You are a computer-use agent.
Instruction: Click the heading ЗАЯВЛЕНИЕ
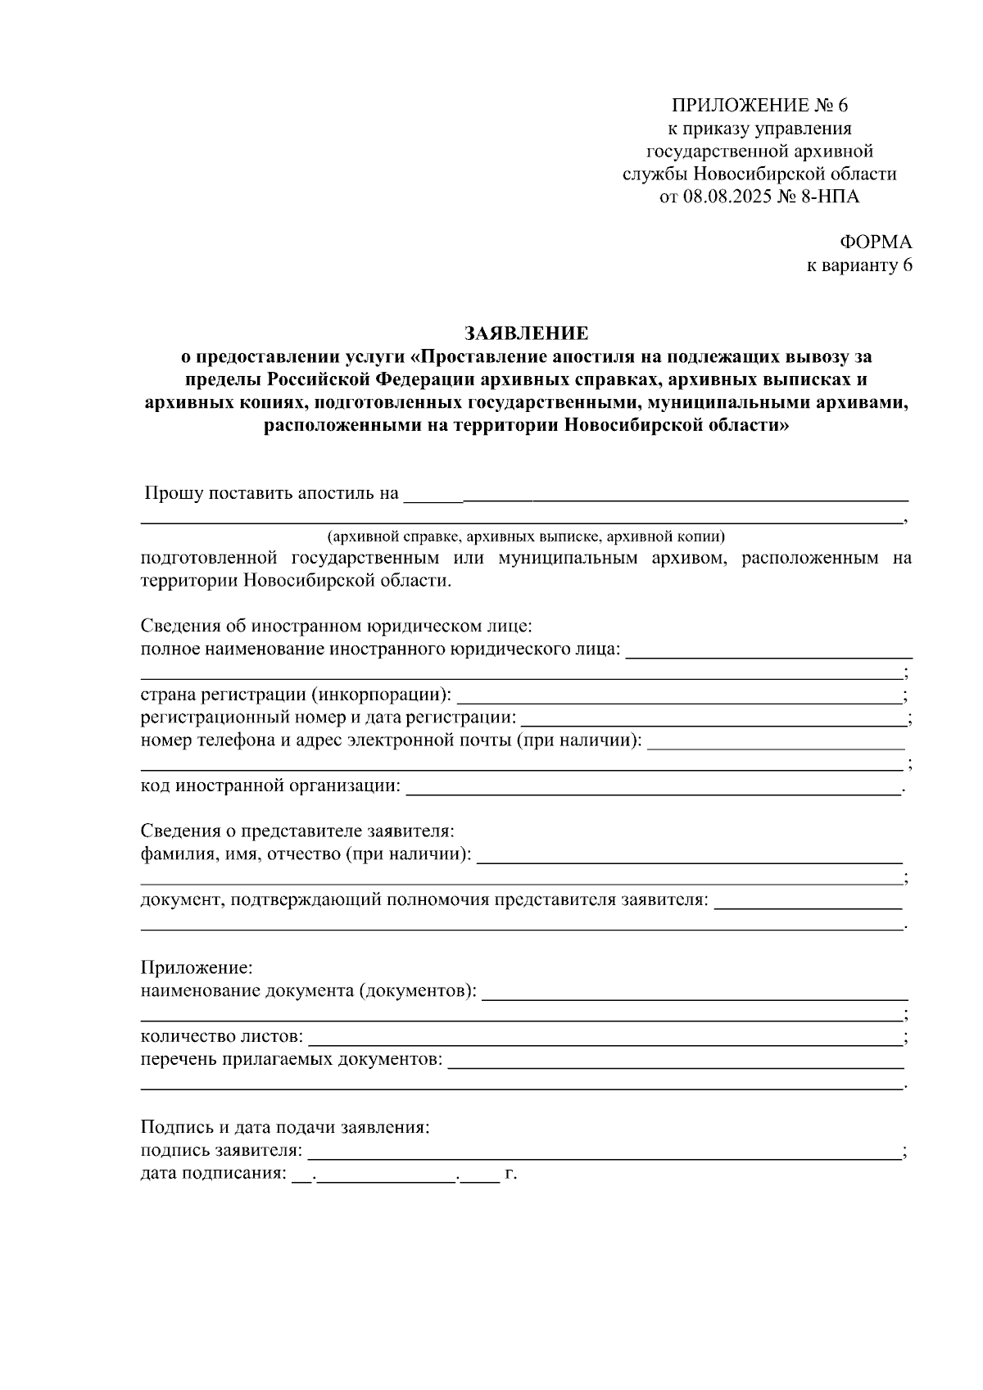pyautogui.click(x=526, y=333)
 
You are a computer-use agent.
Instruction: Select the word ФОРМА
pyautogui.click(x=876, y=242)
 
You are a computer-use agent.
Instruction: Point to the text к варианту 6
pyautogui.click(x=859, y=265)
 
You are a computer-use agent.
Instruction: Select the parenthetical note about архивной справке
pyautogui.click(x=526, y=537)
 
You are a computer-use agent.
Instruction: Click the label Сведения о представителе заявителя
pyautogui.click(x=297, y=831)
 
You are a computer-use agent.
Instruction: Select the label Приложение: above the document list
pyautogui.click(x=197, y=967)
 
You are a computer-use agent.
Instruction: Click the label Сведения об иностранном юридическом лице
pyautogui.click(x=336, y=627)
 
